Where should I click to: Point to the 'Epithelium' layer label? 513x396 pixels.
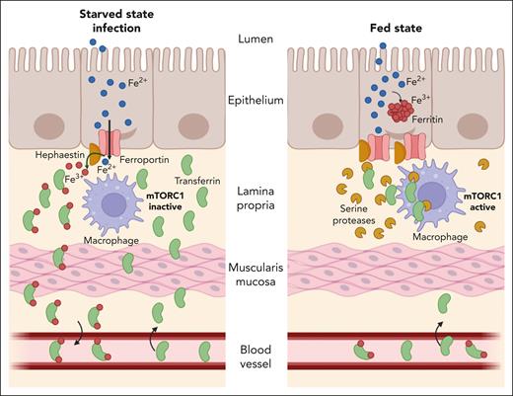[x=255, y=99]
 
